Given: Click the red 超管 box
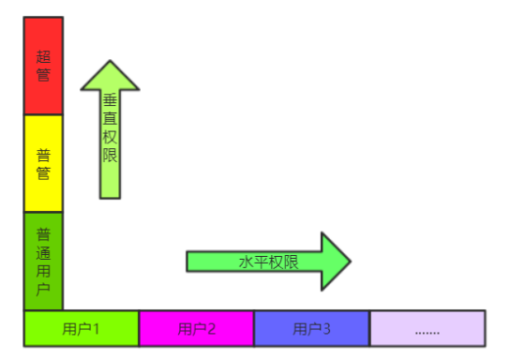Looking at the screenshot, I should coord(43,66).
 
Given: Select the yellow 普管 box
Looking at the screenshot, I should coord(43,163).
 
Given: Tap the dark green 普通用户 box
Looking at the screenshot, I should coord(43,261).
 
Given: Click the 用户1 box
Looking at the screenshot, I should coord(81,328).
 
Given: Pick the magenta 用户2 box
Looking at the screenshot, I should coord(196,328).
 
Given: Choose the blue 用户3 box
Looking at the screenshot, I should coord(311,328).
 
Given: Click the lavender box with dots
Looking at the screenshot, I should coord(427,328).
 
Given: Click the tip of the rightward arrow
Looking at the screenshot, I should coord(350,262).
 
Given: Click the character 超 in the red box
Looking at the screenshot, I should coord(43,57).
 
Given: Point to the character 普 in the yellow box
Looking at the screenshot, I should coord(43,155).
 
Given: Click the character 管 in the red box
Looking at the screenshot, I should coord(43,75).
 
